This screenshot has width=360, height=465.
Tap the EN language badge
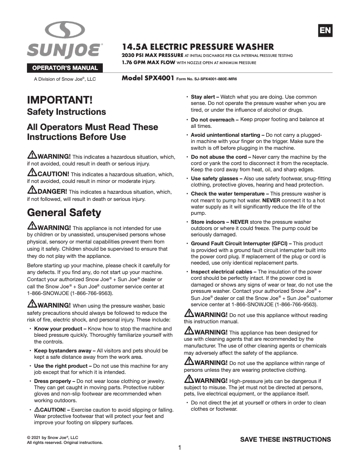[325, 30]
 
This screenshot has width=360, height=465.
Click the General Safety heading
[64, 212]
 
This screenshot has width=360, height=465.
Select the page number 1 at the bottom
[180, 448]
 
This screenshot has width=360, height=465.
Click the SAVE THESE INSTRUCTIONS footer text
[285, 439]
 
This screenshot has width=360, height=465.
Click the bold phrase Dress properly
[54, 381]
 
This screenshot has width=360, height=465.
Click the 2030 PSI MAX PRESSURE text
[151, 56]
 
